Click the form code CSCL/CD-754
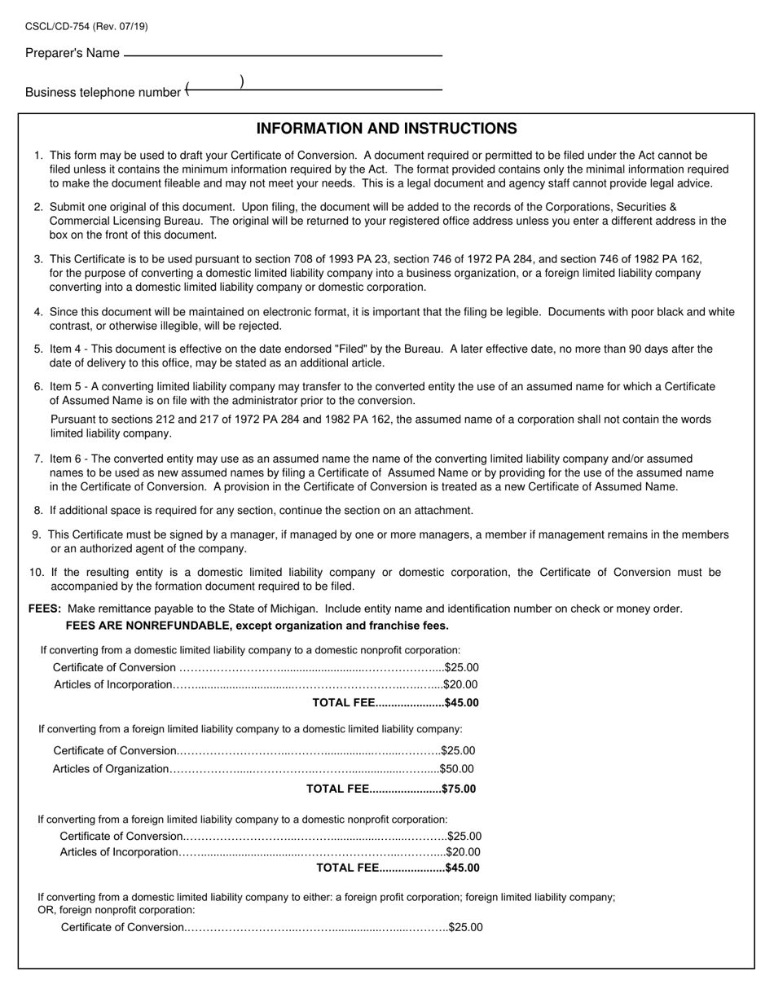(x=58, y=27)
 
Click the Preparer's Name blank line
(x=282, y=55)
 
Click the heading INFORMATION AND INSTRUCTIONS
(x=386, y=129)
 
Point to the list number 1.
(x=37, y=155)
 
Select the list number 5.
(x=37, y=349)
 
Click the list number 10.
(x=36, y=573)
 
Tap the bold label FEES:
(x=45, y=609)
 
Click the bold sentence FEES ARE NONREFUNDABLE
(x=257, y=626)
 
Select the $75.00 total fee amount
(x=459, y=789)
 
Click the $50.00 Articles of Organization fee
(x=456, y=769)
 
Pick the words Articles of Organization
(x=111, y=769)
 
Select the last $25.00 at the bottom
(x=465, y=927)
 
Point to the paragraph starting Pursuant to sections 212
(x=380, y=426)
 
